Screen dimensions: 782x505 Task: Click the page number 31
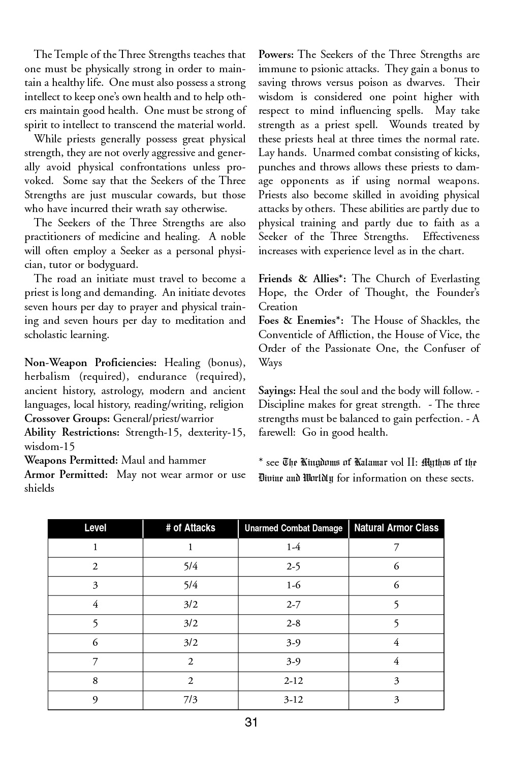point(251,722)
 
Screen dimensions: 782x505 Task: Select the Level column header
point(95,528)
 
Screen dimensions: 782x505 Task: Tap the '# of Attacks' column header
point(191,528)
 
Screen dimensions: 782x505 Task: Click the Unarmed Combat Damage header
point(294,528)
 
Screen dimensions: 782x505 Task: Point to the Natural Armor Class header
point(396,528)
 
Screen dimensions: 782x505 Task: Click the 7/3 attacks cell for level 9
point(191,700)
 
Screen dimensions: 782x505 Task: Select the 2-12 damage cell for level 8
point(294,681)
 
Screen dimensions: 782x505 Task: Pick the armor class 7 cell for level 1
point(396,547)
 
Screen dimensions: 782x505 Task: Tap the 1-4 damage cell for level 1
point(294,547)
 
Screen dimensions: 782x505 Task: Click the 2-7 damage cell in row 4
point(294,605)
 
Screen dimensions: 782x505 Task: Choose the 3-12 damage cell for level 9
point(294,700)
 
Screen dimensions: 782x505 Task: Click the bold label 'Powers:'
point(276,54)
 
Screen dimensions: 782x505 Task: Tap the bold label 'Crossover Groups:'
point(68,418)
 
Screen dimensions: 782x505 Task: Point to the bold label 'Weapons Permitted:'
point(71,460)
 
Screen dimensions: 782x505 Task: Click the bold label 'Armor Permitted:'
point(66,474)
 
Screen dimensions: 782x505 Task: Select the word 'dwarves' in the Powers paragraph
point(424,82)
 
